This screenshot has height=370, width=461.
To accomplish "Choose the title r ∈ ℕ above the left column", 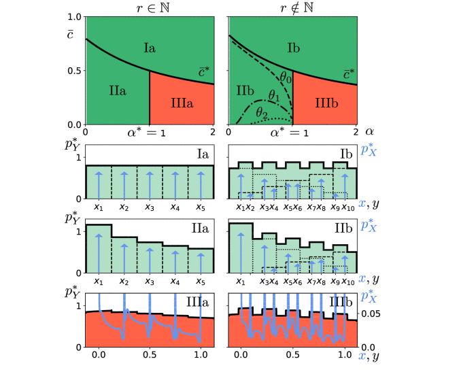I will click(x=150, y=7).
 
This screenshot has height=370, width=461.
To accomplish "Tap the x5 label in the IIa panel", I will click(x=201, y=280).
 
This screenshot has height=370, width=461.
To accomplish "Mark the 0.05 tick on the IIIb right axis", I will click(x=371, y=314).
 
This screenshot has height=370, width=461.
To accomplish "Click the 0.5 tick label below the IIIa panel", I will click(x=150, y=354).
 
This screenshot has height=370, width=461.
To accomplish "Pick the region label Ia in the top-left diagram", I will click(x=150, y=47).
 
